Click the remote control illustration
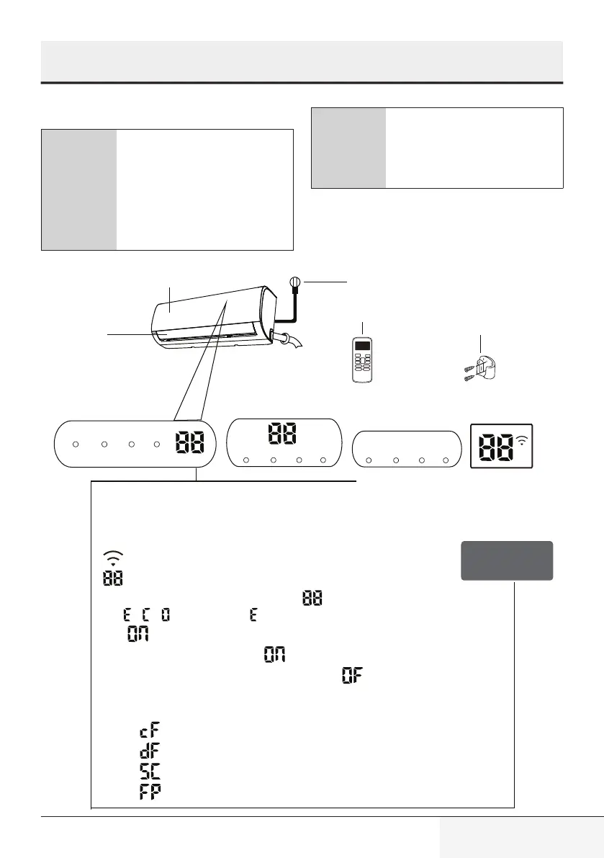(x=363, y=360)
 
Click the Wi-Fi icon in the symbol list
(x=113, y=558)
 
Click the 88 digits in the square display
(x=493, y=447)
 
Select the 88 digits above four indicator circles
(x=284, y=433)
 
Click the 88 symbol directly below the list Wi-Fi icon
(x=113, y=578)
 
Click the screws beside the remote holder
(x=469, y=370)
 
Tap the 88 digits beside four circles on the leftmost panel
(x=194, y=443)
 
